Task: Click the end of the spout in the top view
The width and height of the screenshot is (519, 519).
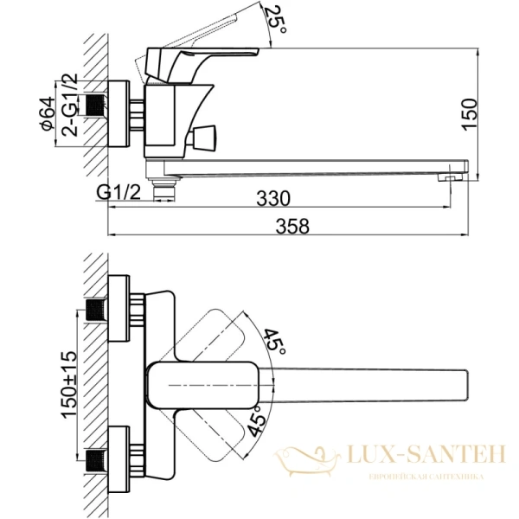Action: pyautogui.click(x=463, y=382)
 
